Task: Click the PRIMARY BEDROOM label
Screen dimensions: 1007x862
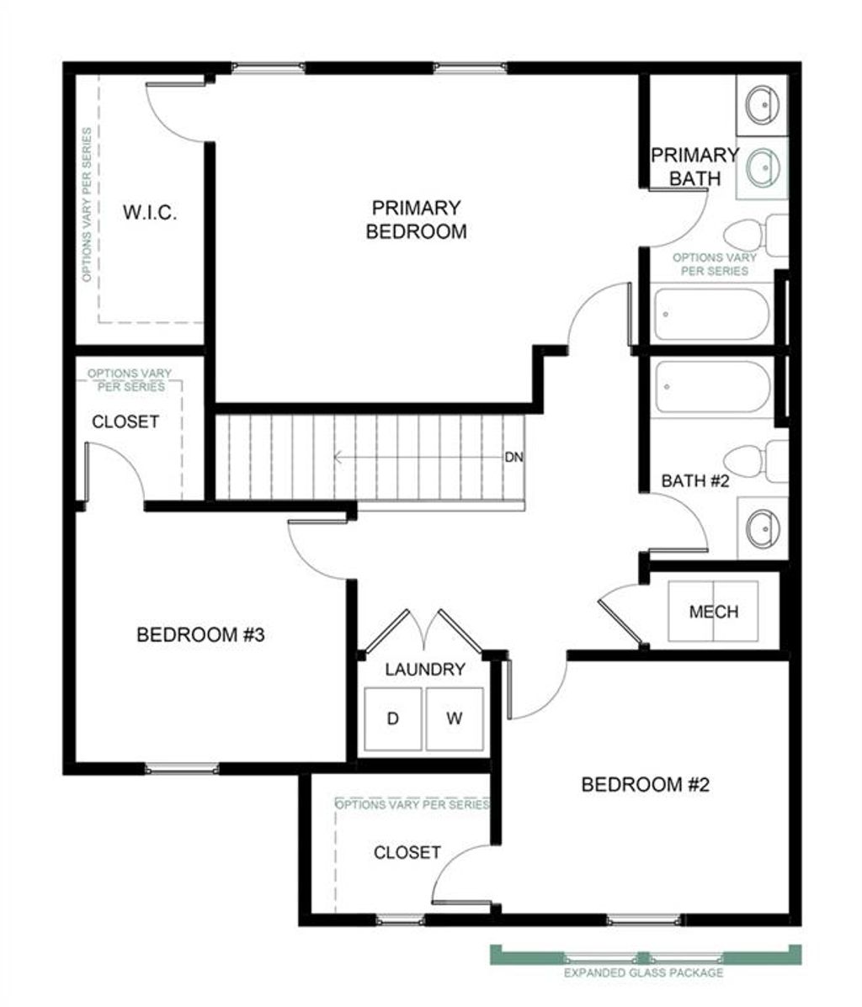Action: pos(416,220)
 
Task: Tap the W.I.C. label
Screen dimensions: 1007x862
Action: pos(150,212)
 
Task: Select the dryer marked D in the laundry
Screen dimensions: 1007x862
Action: pos(392,718)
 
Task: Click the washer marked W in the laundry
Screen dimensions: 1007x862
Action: pos(455,718)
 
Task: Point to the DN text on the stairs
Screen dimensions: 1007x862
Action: pos(513,458)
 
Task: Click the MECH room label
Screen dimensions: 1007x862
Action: pos(713,612)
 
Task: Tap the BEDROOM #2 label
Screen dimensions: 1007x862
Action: pos(646,785)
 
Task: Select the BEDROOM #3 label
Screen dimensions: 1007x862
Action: pos(200,634)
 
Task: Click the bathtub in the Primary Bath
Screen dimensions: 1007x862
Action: pos(711,315)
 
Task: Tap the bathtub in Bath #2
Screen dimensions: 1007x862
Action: pos(711,387)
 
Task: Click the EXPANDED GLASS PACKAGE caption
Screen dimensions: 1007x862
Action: pos(644,973)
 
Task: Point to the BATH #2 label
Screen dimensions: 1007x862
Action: pos(694,481)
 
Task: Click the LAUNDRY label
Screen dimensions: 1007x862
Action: pos(425,670)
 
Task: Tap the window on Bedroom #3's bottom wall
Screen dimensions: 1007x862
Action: pos(182,767)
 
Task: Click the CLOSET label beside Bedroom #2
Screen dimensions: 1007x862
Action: pos(407,852)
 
